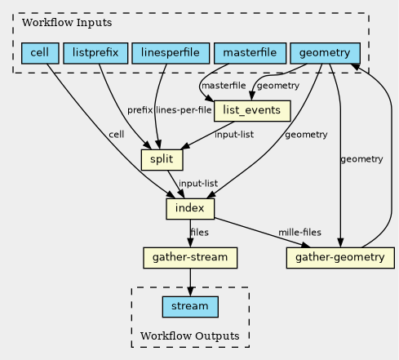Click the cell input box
(40, 53)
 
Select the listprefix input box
(95, 53)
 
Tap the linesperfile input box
(171, 53)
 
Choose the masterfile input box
(250, 53)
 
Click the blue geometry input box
(326, 53)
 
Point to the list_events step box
(252, 111)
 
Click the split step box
(162, 160)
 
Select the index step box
(190, 209)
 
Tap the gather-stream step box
(190, 258)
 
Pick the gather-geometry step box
(340, 258)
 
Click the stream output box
(190, 307)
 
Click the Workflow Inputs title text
(67, 23)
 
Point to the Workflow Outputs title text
(190, 336)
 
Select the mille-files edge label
(299, 233)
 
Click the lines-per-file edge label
(184, 110)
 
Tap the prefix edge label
(140, 110)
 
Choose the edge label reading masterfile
(224, 86)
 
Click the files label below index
(200, 233)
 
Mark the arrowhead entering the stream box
(190, 291)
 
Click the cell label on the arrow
(117, 135)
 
